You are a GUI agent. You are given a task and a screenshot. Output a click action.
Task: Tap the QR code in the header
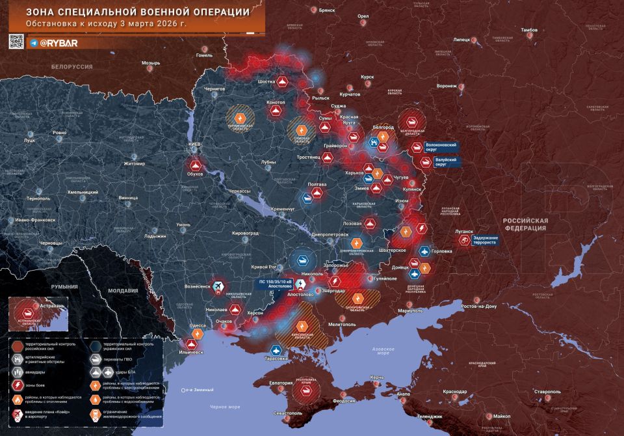pyautogui.click(x=16, y=41)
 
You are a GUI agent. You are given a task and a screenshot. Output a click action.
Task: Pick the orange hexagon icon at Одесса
pyautogui.click(x=198, y=334)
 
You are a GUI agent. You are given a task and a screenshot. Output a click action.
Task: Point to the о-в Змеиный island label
pyautogui.click(x=200, y=390)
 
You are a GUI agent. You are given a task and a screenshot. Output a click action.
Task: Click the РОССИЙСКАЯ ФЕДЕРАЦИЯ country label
pyautogui.click(x=526, y=225)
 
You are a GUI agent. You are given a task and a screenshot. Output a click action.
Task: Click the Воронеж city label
pyautogui.click(x=447, y=86)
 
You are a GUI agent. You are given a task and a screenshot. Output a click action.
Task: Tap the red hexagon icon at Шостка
pyautogui.click(x=283, y=82)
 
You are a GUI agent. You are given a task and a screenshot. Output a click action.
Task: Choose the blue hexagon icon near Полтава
pyautogui.click(x=307, y=198)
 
